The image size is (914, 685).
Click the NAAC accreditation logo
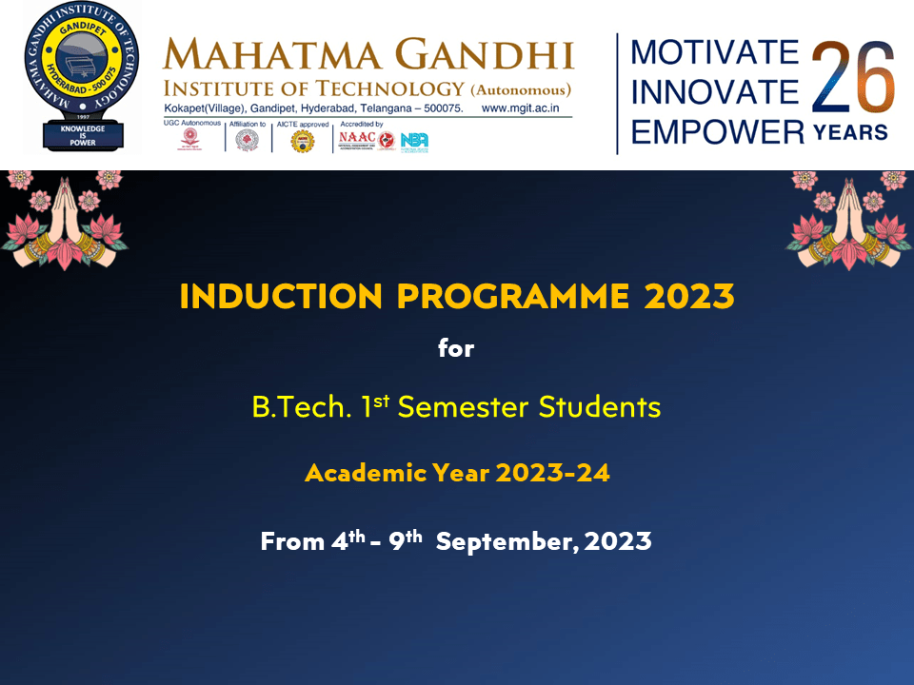coord(356,140)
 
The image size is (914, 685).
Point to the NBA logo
coord(414,141)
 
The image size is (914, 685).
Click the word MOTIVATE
coord(715,52)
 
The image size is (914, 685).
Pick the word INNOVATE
coord(715,91)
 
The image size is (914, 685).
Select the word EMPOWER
coord(718,131)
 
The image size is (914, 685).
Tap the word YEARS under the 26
coord(850,131)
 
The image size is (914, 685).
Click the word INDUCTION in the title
coord(283,297)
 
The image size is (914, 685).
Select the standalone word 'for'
coord(456,349)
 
